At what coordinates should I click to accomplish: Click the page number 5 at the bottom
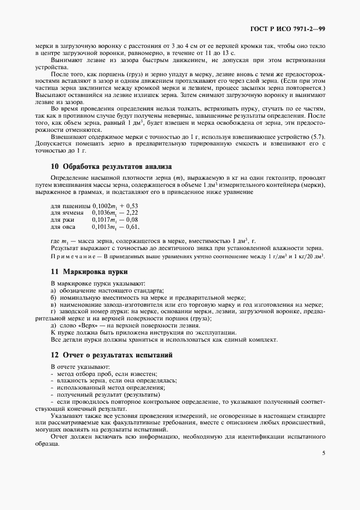324,452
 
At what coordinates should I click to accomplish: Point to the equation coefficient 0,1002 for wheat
102,205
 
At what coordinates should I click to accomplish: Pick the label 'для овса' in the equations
63,227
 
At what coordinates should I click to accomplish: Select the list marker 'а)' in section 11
53,291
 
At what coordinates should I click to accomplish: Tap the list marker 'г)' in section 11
53,312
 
